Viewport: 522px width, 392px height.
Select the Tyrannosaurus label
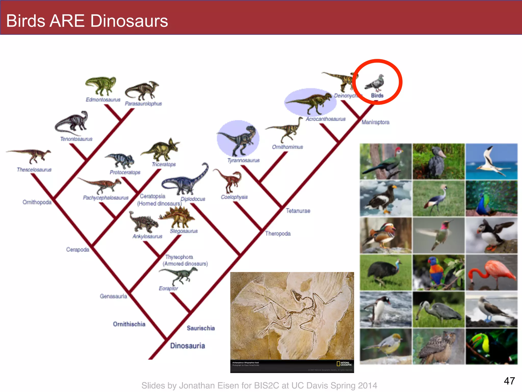pyautogui.click(x=243, y=161)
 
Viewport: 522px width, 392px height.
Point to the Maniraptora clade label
pyautogui.click(x=375, y=122)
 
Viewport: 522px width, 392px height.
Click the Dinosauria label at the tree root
pyautogui.click(x=188, y=346)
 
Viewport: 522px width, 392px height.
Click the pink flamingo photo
pyautogui.click(x=491, y=273)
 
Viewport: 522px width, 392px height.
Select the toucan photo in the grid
pyautogui.click(x=491, y=346)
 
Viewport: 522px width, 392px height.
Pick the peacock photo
pyautogui.click(x=491, y=199)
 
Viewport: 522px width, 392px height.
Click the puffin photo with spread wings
pyautogui.click(x=491, y=236)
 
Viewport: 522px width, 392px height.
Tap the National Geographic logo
pyautogui.click(x=344, y=364)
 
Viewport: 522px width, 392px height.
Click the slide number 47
pyautogui.click(x=509, y=381)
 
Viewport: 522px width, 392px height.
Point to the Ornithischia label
pyautogui.click(x=129, y=324)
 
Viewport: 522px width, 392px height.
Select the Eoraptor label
pyautogui.click(x=168, y=288)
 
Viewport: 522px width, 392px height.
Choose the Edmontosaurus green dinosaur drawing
pyautogui.click(x=101, y=85)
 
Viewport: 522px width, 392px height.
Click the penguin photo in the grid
pyautogui.click(x=385, y=310)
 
